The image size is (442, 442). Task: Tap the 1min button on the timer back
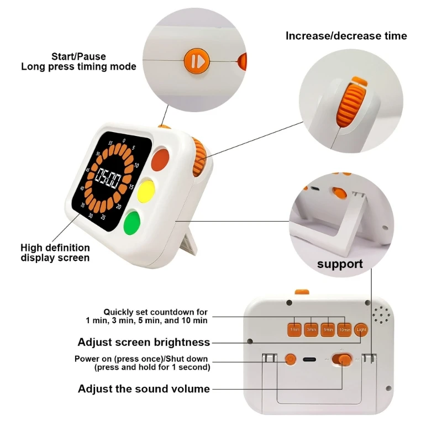point(295,329)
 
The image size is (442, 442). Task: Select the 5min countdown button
point(328,329)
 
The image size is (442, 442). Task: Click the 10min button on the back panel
point(345,329)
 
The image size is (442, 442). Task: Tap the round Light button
point(361,329)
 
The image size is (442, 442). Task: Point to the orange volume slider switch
point(345,360)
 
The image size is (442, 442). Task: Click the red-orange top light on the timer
point(160,159)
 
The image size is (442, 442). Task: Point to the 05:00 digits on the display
point(109,178)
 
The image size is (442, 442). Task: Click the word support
point(340,264)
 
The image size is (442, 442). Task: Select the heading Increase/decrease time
point(346,36)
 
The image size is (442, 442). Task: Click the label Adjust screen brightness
point(144,342)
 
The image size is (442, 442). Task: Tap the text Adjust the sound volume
point(144,389)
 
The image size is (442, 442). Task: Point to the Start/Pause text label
point(78,56)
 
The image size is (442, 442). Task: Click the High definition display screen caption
point(55,252)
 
